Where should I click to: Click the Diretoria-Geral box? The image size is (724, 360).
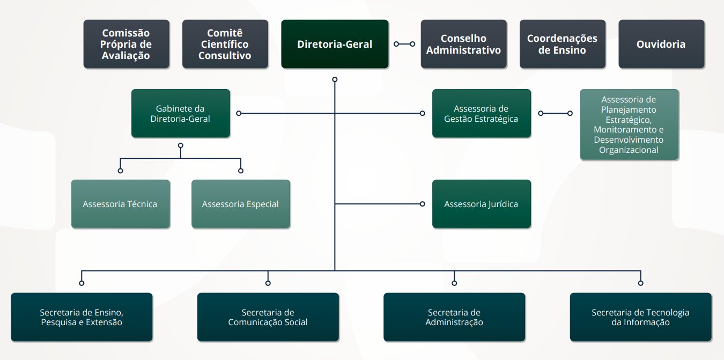[x=335, y=44]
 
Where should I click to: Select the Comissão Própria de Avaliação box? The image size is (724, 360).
[x=126, y=44]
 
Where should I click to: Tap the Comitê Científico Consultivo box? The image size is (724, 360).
[x=225, y=44]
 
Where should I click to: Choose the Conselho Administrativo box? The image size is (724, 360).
[x=463, y=44]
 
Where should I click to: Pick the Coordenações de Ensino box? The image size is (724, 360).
[x=562, y=44]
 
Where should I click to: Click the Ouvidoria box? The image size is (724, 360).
[x=661, y=44]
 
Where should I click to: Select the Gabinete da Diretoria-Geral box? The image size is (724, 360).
[x=180, y=113]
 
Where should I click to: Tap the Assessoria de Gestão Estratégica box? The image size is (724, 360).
[x=481, y=113]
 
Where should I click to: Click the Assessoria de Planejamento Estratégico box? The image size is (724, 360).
[x=629, y=124]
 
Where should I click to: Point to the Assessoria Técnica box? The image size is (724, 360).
[x=120, y=204]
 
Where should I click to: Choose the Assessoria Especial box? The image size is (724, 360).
[x=240, y=204]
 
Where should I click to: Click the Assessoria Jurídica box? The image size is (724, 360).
[x=481, y=204]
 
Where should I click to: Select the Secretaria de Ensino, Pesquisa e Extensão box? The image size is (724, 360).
[x=82, y=317]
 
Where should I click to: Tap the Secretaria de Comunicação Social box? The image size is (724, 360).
[x=268, y=317]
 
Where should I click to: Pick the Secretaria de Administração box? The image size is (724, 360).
[x=454, y=317]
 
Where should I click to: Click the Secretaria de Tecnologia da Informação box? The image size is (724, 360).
[x=640, y=317]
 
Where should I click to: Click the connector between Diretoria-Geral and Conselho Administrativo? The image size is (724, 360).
[x=404, y=44]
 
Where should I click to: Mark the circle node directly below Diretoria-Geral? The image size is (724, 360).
[x=335, y=79]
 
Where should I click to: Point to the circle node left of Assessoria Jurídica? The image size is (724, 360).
[x=423, y=204]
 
